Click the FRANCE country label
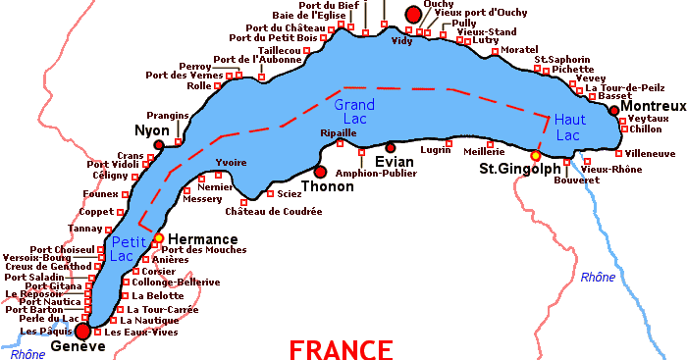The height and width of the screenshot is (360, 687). pyautogui.click(x=341, y=349)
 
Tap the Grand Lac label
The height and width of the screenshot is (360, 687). pyautogui.click(x=355, y=112)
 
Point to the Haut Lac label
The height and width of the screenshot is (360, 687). pyautogui.click(x=570, y=127)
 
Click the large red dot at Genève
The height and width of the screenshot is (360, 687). pyautogui.click(x=82, y=331)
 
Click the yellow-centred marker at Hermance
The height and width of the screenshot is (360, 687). pyautogui.click(x=158, y=237)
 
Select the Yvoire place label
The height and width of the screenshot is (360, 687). pyautogui.click(x=230, y=163)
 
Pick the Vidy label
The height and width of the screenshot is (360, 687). pyautogui.click(x=401, y=41)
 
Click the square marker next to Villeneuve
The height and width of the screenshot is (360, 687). pyautogui.click(x=618, y=153)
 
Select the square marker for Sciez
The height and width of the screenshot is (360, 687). pyautogui.click(x=270, y=193)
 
